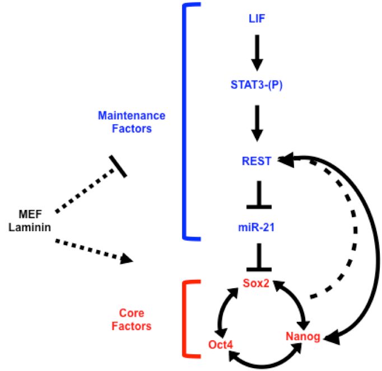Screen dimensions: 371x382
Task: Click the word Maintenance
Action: (x=132, y=116)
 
